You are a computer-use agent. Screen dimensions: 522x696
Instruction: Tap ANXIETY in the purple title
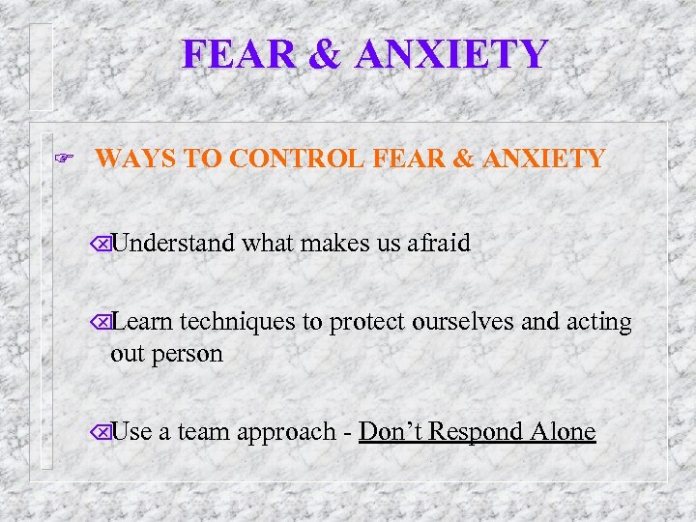[451, 54]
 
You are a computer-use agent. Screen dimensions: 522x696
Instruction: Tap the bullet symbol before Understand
[102, 244]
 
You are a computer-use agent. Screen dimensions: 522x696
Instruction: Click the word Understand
[173, 243]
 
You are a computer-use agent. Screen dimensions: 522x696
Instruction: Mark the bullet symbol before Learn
[102, 324]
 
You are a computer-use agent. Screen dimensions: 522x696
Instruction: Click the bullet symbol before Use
[102, 432]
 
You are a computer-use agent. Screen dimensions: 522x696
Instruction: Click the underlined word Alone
[563, 431]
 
